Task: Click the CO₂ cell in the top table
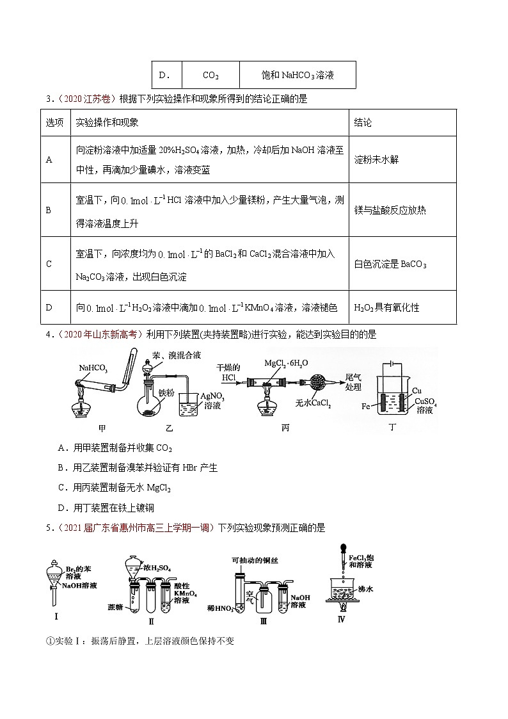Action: [x=210, y=76]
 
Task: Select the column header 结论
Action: [x=363, y=122]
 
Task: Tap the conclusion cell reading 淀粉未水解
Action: [x=376, y=159]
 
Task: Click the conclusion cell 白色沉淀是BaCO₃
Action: [x=390, y=264]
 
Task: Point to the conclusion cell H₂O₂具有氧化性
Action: [x=386, y=307]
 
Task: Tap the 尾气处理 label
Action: [x=353, y=382]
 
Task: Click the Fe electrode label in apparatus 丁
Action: [x=366, y=406]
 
